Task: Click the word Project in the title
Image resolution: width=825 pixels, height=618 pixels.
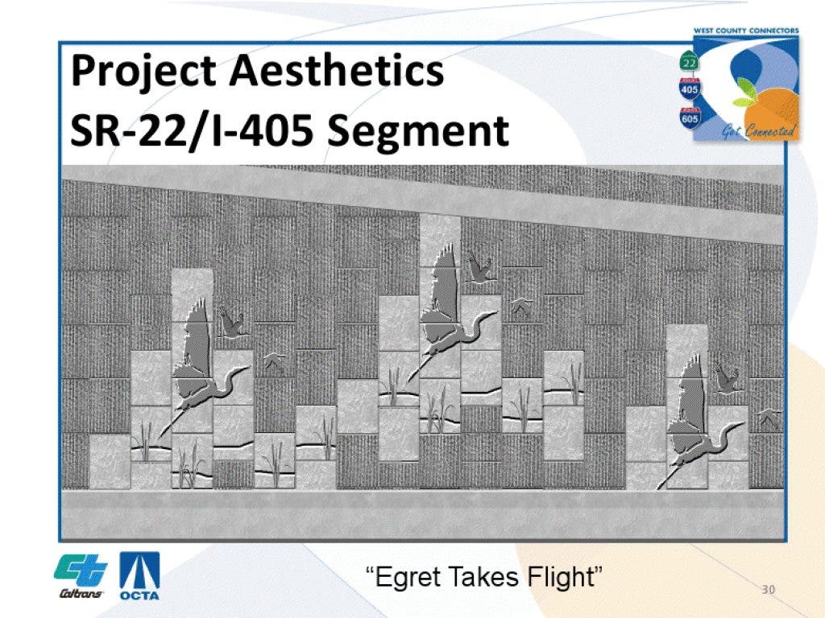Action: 143,72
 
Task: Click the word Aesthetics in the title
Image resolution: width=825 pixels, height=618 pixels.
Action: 337,71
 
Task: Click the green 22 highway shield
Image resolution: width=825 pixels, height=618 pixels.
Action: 690,61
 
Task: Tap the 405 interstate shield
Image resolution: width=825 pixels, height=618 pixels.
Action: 690,89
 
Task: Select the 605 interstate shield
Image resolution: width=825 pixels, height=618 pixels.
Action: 690,117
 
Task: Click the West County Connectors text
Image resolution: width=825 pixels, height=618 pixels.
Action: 745,31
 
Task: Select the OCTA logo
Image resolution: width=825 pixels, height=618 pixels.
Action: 139,576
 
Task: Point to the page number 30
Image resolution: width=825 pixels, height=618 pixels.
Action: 768,589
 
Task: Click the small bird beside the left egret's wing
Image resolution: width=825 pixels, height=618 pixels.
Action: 231,322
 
